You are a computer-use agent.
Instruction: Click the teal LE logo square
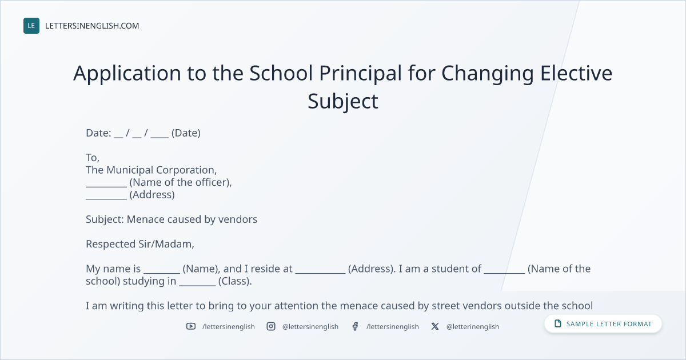pos(31,26)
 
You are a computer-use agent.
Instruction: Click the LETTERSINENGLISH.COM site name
pos(92,26)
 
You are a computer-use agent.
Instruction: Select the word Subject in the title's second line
pos(343,102)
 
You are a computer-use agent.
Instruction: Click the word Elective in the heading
pos(576,73)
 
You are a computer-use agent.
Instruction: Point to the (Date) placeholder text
pos(186,133)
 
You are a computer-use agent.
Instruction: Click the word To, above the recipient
pos(93,158)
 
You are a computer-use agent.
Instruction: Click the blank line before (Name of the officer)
pos(106,187)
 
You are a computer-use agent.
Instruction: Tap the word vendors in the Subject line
pos(238,219)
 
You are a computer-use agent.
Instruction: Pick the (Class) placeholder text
pos(235,281)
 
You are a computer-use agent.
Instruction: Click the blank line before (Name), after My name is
pos(162,273)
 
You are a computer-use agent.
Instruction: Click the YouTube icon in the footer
pos(191,326)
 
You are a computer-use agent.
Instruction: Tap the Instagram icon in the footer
pos(271,326)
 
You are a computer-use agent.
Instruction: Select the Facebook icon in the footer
pos(355,326)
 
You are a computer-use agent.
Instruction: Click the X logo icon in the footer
pos(435,326)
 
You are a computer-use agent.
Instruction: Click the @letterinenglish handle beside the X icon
pos(473,327)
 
